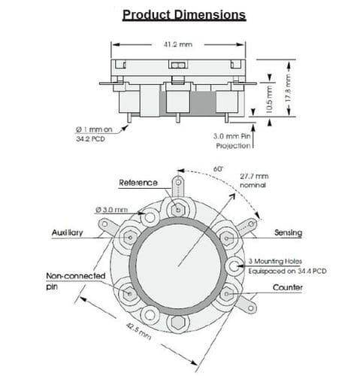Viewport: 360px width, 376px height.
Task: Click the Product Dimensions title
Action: pyautogui.click(x=184, y=15)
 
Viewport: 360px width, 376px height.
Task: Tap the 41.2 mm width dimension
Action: pyautogui.click(x=178, y=44)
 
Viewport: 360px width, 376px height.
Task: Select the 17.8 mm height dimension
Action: pyautogui.click(x=289, y=88)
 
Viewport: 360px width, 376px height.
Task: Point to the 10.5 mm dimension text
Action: pyautogui.click(x=269, y=99)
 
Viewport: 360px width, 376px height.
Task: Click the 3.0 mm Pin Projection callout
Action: pyautogui.click(x=232, y=141)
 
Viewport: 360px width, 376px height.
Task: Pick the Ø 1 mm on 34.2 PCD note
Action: pyautogui.click(x=94, y=134)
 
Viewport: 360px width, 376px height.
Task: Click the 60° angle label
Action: pyautogui.click(x=218, y=169)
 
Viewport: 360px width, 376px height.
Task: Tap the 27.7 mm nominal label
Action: pyautogui.click(x=254, y=180)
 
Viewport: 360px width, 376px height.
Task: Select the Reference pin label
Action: pyautogui.click(x=138, y=183)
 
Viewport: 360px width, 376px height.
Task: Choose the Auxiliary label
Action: pyautogui.click(x=67, y=233)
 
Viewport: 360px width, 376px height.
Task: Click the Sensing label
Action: pyautogui.click(x=288, y=233)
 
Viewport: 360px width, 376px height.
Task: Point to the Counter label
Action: pyautogui.click(x=287, y=287)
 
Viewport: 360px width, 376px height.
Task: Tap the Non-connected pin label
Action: pyautogui.click(x=76, y=281)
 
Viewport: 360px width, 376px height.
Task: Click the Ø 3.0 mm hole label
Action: pyautogui.click(x=111, y=210)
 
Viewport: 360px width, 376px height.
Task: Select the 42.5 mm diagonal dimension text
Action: pyautogui.click(x=138, y=332)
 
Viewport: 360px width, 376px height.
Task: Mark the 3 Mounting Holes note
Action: pyautogui.click(x=287, y=266)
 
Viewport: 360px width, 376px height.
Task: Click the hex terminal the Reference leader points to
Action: pyautogui.click(x=178, y=210)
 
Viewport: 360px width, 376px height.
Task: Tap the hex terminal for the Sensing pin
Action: pyautogui.click(x=226, y=238)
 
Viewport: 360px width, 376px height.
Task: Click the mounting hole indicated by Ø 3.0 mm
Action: pyautogui.click(x=150, y=217)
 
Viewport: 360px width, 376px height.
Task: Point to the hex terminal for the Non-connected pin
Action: pyautogui.click(x=130, y=293)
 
